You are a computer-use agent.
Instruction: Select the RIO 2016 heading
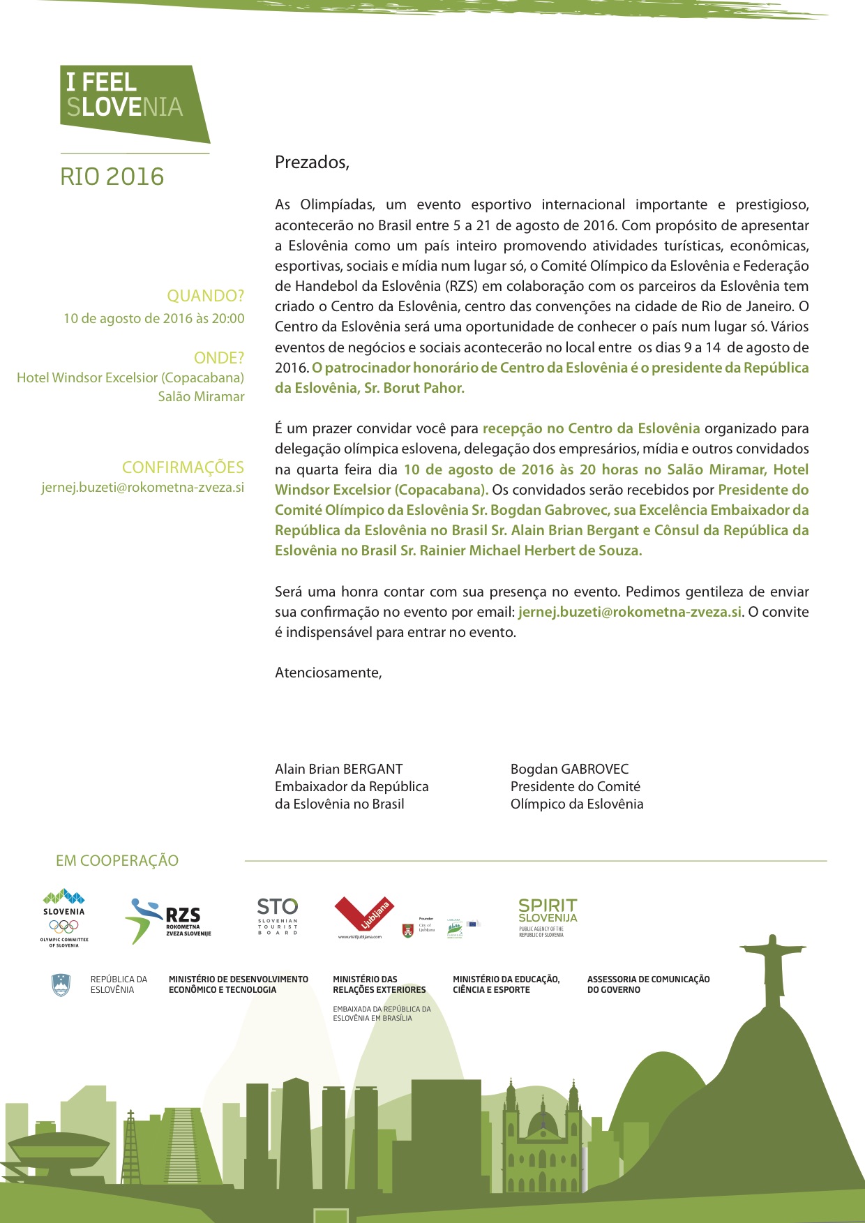tap(112, 177)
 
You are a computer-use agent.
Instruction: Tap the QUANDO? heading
tap(205, 296)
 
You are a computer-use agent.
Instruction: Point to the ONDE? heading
tap(218, 358)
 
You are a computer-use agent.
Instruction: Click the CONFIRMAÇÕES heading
tap(183, 467)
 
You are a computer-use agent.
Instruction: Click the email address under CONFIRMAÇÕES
tap(143, 487)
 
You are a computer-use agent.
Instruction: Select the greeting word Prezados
tap(312, 163)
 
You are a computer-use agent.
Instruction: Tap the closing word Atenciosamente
tap(328, 673)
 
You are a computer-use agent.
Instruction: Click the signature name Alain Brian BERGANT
tap(338, 769)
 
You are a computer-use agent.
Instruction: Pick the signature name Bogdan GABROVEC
tap(569, 769)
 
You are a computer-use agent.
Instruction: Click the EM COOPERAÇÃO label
tap(117, 861)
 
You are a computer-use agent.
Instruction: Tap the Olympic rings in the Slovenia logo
tap(63, 926)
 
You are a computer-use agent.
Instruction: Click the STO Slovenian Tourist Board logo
tap(277, 915)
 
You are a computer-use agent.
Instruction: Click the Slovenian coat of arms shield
tap(61, 984)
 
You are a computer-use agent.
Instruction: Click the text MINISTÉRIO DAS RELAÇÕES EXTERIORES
tap(379, 984)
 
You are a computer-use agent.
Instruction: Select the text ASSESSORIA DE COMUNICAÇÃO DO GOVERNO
tap(648, 984)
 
